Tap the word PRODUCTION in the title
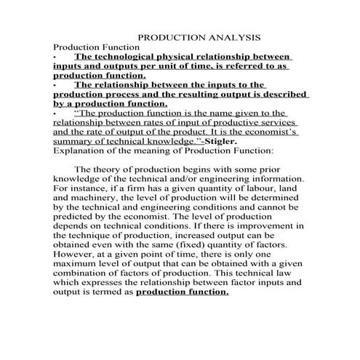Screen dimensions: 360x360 (169, 36)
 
